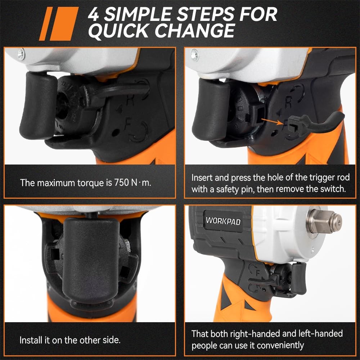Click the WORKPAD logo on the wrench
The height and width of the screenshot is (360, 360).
click(x=223, y=221)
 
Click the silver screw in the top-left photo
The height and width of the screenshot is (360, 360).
click(x=21, y=54)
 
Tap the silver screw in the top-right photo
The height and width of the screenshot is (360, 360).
click(x=195, y=55)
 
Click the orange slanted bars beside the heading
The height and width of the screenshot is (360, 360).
click(x=59, y=24)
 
